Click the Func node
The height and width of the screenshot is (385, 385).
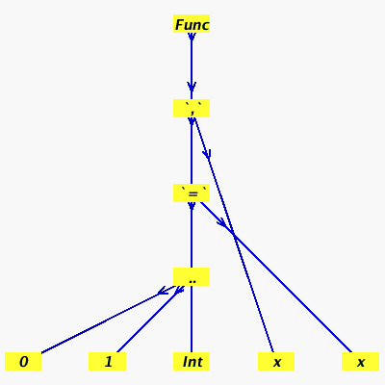[x=192, y=23]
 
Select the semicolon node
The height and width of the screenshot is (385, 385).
[x=192, y=108]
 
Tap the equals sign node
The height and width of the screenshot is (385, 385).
[x=192, y=192]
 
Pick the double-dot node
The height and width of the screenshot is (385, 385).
[x=192, y=276]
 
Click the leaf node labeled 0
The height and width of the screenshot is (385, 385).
[x=23, y=361]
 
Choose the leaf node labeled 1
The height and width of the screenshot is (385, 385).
[x=107, y=361]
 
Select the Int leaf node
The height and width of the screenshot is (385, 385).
[x=192, y=361]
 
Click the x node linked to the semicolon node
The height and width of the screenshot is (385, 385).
[x=276, y=361]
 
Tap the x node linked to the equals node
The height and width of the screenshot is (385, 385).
[x=360, y=361]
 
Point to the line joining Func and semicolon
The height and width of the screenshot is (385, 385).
[x=192, y=65]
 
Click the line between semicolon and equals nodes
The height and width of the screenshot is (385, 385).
[x=192, y=150]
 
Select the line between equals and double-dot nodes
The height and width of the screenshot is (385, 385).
[x=192, y=235]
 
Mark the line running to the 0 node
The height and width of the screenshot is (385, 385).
[x=108, y=320]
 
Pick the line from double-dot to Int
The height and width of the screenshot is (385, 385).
[x=192, y=320]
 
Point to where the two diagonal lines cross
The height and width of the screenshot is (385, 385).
[x=235, y=236]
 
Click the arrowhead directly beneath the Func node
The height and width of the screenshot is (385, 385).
[x=192, y=37]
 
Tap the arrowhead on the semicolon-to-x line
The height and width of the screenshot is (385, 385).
[x=207, y=154]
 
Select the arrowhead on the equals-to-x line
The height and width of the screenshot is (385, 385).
[x=221, y=222]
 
